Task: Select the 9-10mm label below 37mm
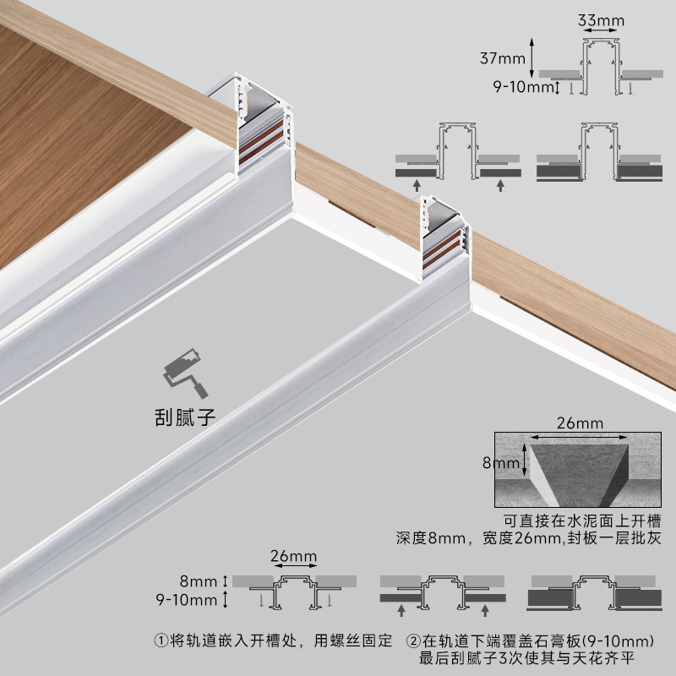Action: point(521,85)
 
